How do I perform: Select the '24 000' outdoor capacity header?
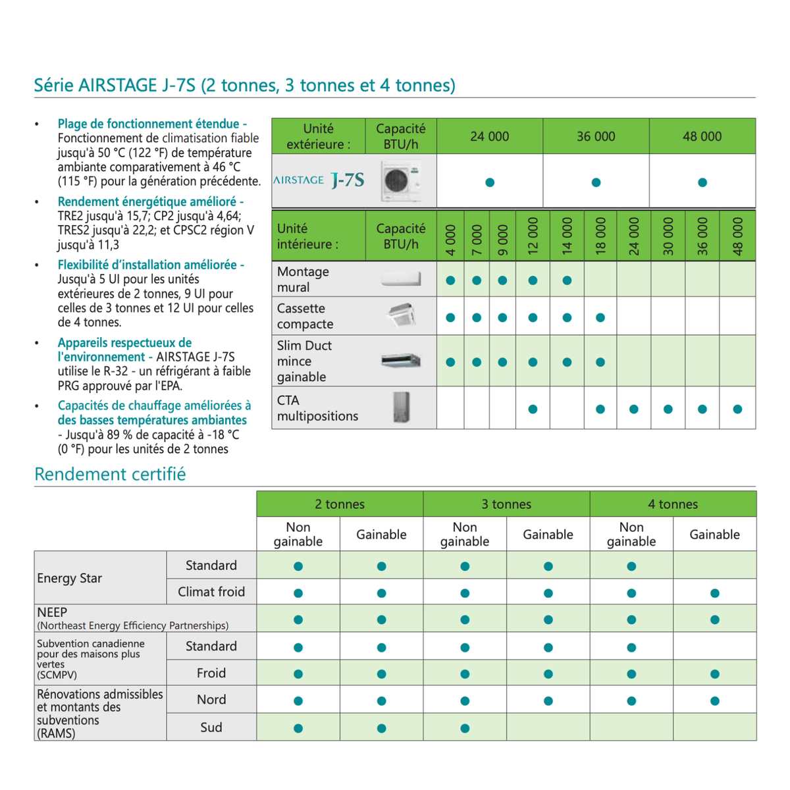click(489, 136)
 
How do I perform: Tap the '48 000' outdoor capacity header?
click(702, 136)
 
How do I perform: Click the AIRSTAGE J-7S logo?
click(319, 180)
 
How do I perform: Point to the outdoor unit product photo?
click(401, 180)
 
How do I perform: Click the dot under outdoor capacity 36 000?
click(596, 182)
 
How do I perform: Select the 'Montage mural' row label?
click(303, 279)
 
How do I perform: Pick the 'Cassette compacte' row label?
click(305, 316)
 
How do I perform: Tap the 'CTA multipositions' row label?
click(317, 408)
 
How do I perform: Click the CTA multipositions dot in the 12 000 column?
click(533, 409)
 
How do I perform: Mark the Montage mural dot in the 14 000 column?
click(567, 280)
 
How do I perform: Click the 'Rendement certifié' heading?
click(110, 474)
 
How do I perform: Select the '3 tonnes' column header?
click(506, 504)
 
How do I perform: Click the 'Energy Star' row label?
click(70, 578)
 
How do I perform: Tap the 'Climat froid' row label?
click(211, 592)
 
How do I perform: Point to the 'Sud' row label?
click(211, 727)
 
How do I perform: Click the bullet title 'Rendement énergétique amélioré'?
click(150, 201)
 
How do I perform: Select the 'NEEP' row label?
click(52, 612)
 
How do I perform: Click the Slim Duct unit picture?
click(401, 361)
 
